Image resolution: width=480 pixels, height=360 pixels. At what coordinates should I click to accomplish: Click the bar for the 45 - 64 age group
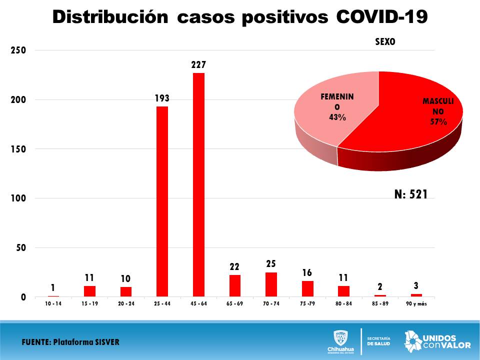pyautogui.click(x=198, y=185)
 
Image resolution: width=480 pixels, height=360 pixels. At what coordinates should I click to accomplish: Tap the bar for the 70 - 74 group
pyautogui.click(x=271, y=284)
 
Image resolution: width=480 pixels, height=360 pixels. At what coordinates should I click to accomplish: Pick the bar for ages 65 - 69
pyautogui.click(x=235, y=285)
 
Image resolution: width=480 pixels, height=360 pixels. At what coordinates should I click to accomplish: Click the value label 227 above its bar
pyautogui.click(x=198, y=65)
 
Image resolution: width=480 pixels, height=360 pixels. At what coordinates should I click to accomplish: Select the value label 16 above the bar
pyautogui.click(x=307, y=273)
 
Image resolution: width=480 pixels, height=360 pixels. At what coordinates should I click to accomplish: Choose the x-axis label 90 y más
pyautogui.click(x=416, y=303)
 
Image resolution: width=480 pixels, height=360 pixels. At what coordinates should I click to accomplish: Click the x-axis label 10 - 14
pyautogui.click(x=53, y=303)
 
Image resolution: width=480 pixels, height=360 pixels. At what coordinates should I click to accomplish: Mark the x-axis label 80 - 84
pyautogui.click(x=344, y=303)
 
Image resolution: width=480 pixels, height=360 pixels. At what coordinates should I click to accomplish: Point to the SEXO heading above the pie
pyautogui.click(x=385, y=42)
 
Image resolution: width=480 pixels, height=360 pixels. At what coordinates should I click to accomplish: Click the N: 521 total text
pyautogui.click(x=411, y=194)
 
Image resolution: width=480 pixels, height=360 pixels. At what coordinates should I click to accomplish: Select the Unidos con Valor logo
pyautogui.click(x=437, y=340)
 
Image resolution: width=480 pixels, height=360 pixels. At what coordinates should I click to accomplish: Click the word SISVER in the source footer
pyautogui.click(x=104, y=342)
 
